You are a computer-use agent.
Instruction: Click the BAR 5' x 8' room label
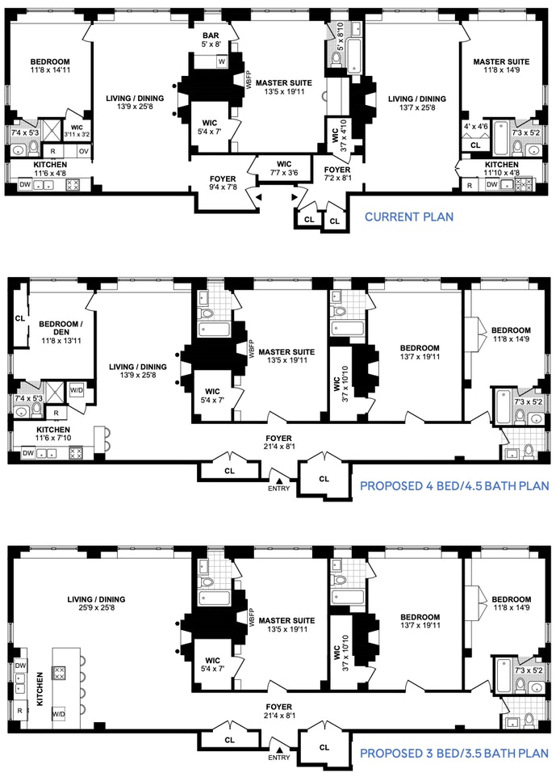(211, 40)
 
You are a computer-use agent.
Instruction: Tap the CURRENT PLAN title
(409, 216)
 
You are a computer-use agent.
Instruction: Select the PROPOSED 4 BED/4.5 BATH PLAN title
(454, 485)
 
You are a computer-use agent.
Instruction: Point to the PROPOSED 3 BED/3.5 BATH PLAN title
(454, 754)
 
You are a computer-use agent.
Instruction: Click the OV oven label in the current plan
(84, 151)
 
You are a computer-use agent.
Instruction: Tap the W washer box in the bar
(222, 61)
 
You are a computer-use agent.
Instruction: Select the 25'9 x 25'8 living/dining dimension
(96, 607)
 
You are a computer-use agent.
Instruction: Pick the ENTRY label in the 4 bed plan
(278, 489)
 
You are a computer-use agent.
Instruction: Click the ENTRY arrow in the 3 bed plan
(279, 750)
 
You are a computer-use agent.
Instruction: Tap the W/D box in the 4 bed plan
(76, 390)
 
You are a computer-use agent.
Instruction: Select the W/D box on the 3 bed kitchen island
(59, 714)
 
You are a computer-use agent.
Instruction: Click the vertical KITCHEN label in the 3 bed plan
(40, 689)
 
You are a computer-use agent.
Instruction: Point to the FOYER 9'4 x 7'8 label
(223, 183)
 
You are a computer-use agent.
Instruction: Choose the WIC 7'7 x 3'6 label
(284, 169)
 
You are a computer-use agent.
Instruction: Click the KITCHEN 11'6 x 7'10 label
(53, 434)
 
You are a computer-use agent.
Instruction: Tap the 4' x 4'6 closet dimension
(476, 126)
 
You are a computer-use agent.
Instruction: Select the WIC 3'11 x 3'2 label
(77, 131)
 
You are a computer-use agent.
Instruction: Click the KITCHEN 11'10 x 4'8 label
(502, 169)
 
